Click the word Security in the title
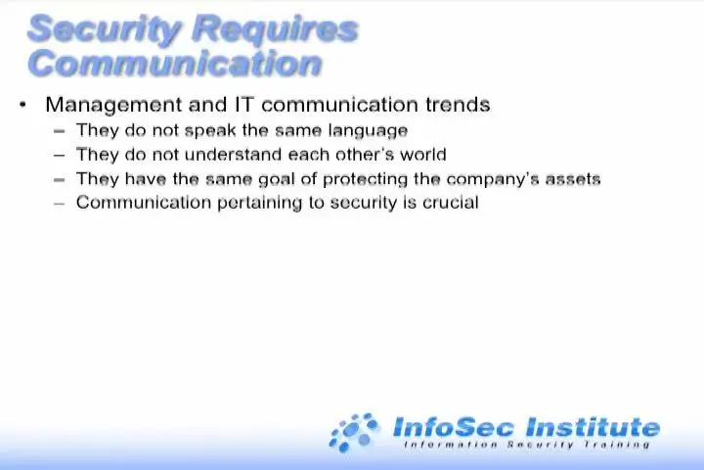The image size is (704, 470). pos(105,29)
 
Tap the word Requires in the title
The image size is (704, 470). pos(275,29)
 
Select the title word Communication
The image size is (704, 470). pos(175,63)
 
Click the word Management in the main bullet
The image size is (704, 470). pos(113,106)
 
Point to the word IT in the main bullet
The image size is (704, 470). pos(244,105)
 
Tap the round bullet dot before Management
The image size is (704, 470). pos(22,105)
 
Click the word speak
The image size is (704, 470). pos(210,131)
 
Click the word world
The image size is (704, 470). pos(423,155)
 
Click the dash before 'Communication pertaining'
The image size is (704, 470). pos(60,204)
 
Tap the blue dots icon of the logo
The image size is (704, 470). pos(354,432)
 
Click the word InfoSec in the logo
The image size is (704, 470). pos(453,427)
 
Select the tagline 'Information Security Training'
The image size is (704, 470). pos(527,445)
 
